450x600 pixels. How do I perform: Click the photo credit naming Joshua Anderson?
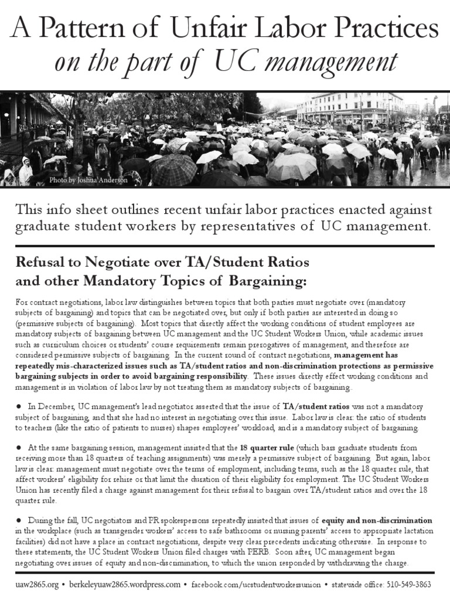pyautogui.click(x=88, y=180)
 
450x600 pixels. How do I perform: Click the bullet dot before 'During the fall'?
pyautogui.click(x=19, y=520)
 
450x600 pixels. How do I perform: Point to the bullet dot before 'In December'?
pyautogui.click(x=19, y=406)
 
